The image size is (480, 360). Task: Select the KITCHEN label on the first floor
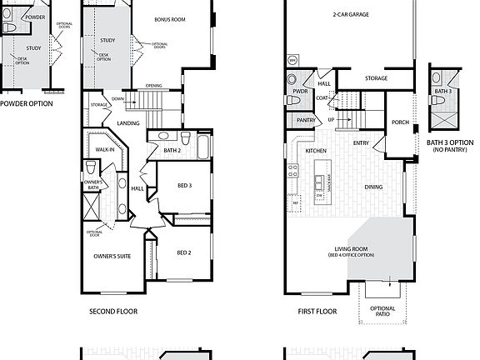click(315, 151)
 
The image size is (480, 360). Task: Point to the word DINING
click(373, 187)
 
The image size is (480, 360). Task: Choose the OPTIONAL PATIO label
click(382, 312)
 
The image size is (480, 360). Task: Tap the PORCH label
click(399, 122)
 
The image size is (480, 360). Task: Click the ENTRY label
click(361, 143)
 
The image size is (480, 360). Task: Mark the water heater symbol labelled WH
click(292, 61)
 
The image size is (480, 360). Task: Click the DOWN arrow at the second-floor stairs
click(118, 98)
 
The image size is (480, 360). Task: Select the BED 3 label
click(184, 187)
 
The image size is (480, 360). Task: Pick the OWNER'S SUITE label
click(112, 257)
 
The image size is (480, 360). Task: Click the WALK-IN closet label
click(105, 151)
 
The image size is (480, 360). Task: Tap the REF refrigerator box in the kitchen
click(294, 202)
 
